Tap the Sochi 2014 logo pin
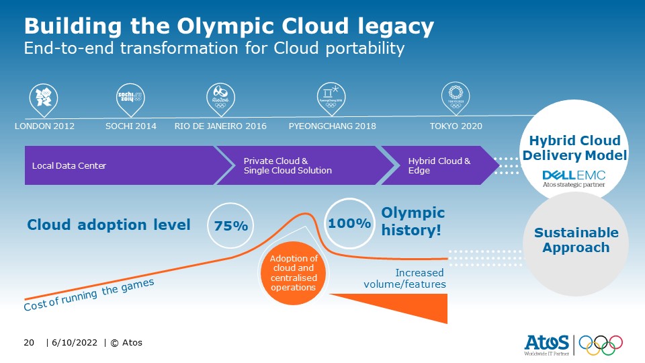[130, 98]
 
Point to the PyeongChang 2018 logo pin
[331, 98]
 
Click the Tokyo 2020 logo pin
[456, 98]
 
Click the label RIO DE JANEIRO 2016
[220, 126]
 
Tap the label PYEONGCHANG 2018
[332, 126]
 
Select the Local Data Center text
[69, 165]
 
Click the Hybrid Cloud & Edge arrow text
[439, 165]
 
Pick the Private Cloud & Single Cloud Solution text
[288, 165]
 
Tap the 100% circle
[349, 223]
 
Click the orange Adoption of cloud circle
[294, 273]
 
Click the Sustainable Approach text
[576, 240]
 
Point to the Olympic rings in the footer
[601, 345]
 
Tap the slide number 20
[29, 343]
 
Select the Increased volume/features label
[404, 278]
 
